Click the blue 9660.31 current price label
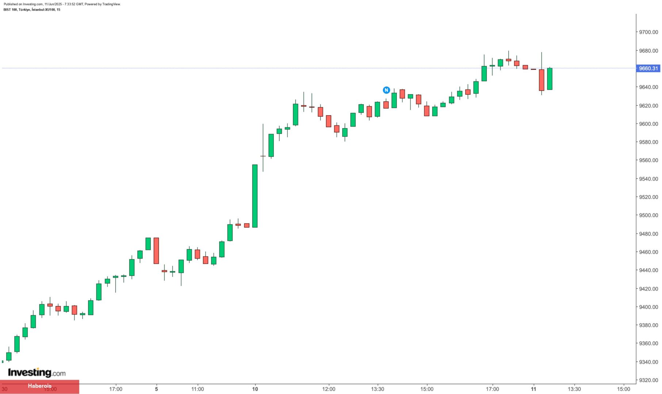pos(648,68)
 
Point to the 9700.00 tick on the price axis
pos(648,32)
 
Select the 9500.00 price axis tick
pos(648,215)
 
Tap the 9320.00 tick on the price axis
pos(648,380)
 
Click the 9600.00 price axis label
pos(648,124)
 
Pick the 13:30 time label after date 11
pos(574,389)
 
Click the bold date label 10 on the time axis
pos(255,389)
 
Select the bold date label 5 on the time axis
pos(156,389)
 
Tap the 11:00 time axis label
pos(198,389)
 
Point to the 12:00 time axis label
pos(329,389)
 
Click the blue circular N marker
pos(386,90)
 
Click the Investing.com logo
pos(37,372)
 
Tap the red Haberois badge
pos(39,386)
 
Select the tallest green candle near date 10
pos(255,196)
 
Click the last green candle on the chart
pos(550,79)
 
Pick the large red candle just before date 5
pos(156,251)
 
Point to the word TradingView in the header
pos(111,4)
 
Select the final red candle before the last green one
pos(542,80)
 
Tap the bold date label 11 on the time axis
pos(533,389)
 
